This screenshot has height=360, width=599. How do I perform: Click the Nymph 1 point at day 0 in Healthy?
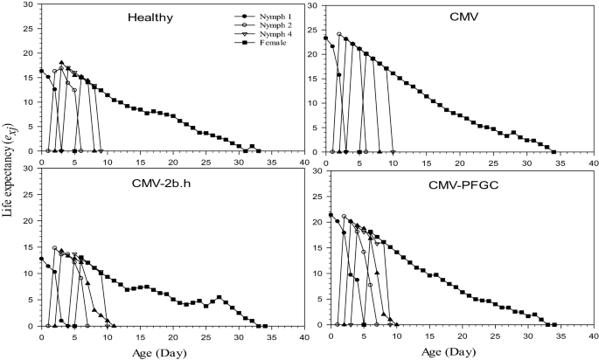[41, 71]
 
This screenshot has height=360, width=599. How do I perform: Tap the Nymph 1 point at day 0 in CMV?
[325, 38]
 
